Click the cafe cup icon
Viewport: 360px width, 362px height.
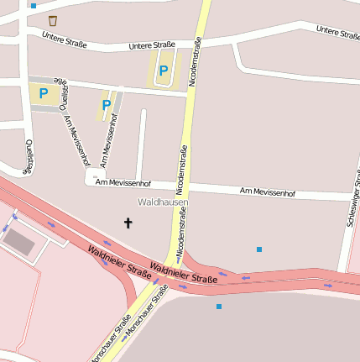tap(53, 19)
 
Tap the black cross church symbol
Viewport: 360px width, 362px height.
tap(128, 223)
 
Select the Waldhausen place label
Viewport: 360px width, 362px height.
tap(163, 202)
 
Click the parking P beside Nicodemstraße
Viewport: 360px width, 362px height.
tap(164, 71)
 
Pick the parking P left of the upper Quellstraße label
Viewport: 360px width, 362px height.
tap(43, 93)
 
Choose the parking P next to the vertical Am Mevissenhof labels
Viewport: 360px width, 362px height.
tap(106, 105)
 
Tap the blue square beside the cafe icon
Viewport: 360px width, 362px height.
tap(34, 6)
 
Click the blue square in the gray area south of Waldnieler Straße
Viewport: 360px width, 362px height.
tap(219, 307)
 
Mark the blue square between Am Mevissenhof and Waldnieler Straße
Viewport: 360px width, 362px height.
tap(259, 249)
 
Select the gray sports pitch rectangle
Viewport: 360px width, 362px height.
tap(19, 242)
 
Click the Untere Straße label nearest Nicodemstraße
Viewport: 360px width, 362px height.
tap(152, 45)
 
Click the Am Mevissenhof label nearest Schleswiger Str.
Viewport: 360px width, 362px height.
tap(268, 192)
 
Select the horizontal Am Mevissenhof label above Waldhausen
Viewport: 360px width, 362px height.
tap(123, 182)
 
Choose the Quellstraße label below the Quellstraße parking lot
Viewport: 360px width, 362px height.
tap(27, 156)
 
